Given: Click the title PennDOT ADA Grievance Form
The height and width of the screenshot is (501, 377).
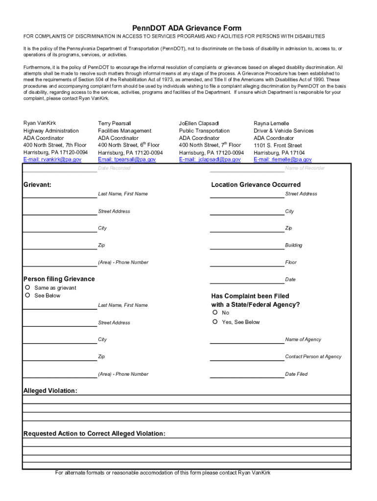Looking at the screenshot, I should coord(188,28).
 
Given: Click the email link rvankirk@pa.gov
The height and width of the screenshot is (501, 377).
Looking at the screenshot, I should coord(52,159).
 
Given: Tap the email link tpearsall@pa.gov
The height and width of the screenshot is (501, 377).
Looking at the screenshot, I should coord(127,159).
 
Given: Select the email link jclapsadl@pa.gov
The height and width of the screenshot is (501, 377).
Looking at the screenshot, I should coord(210,159).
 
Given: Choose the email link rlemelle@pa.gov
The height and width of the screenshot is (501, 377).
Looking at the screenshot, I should coord(283,159).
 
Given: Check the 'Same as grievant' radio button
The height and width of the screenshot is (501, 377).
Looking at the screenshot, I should coord(28,288).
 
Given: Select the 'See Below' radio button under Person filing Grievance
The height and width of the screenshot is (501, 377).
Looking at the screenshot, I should coord(28,296).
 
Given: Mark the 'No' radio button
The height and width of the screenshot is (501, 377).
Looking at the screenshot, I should coord(215,313).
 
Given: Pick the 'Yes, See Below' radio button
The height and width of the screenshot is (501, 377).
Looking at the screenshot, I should coord(215,322).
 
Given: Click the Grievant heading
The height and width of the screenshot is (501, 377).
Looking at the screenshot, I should coord(38,184).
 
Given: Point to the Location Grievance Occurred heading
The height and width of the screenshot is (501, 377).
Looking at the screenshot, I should coord(256,184).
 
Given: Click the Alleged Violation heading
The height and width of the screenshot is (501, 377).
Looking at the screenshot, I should coord(50,390).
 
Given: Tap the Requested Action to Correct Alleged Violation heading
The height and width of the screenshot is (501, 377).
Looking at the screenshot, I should coord(94,433).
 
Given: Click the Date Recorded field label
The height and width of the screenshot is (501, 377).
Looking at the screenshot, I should coord(114,168).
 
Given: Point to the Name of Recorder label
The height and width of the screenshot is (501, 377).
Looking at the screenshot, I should coord(305,168).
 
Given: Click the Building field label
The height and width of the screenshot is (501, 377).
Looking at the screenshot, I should coord(294,245).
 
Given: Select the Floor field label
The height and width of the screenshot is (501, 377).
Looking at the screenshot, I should coord(291,262).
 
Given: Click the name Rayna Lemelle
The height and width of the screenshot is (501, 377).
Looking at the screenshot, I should coord(271,123).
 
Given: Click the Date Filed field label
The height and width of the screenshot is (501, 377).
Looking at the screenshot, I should coord(296,374).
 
